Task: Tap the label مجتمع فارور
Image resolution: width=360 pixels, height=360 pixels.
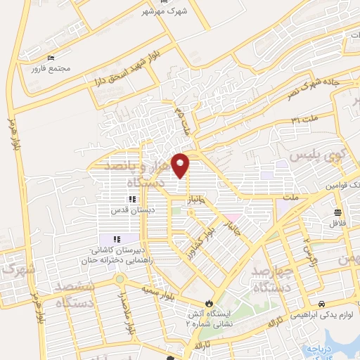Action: (46, 68)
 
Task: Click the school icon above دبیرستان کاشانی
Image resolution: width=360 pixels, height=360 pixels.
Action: (116, 240)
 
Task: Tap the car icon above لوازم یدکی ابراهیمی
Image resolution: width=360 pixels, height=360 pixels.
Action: (321, 304)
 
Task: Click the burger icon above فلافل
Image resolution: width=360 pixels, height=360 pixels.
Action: (339, 212)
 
